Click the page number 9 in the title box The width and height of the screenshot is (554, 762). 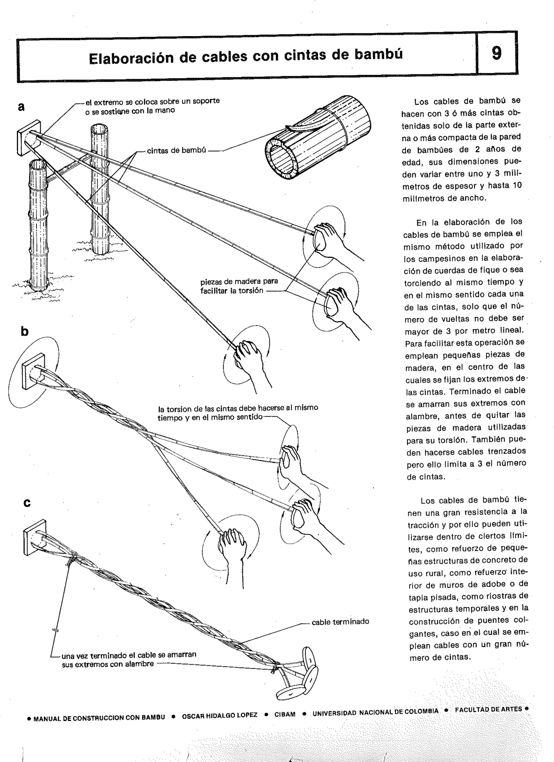tap(496, 53)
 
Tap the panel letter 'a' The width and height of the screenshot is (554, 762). tap(21, 107)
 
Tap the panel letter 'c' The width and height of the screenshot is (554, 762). tap(27, 503)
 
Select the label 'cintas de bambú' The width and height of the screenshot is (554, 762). tap(176, 151)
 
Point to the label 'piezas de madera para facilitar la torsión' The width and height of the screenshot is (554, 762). tap(239, 286)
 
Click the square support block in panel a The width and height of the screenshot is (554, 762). tap(29, 138)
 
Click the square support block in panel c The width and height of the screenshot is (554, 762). tap(35, 538)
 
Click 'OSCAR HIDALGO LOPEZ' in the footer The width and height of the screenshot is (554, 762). tap(220, 715)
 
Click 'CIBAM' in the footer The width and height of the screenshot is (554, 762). tap(285, 714)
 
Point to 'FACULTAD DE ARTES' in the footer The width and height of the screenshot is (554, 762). tap(488, 709)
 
